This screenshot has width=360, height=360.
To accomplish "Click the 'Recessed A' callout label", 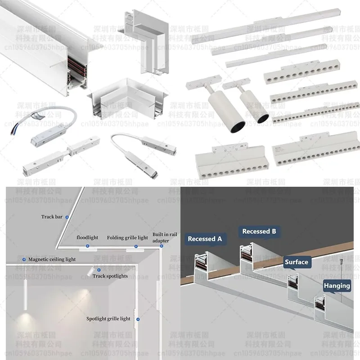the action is point(205,239).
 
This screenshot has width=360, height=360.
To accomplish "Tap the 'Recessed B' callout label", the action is point(259,231).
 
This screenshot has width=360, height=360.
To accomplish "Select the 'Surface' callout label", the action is point(297,262).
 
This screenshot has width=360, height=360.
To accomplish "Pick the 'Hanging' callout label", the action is point(337,286).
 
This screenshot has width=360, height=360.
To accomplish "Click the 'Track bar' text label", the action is point(52,217).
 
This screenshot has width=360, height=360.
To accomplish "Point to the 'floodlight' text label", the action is point(87,237).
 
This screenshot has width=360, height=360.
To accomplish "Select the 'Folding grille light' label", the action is point(127,238).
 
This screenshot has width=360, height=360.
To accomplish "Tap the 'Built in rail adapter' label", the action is point(161,238).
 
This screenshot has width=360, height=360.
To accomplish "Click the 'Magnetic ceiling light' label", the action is point(52,260).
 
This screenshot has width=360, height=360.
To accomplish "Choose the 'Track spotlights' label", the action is point(110,276).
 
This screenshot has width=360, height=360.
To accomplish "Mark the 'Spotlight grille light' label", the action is point(108,319).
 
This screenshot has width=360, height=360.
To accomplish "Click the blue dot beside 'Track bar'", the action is point(67,217).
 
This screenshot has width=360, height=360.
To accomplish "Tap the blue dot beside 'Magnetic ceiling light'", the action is point(24,260).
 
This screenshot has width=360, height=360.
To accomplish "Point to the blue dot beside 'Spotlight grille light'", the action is point(138,319).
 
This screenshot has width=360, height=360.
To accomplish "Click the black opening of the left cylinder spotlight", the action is point(236,127).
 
